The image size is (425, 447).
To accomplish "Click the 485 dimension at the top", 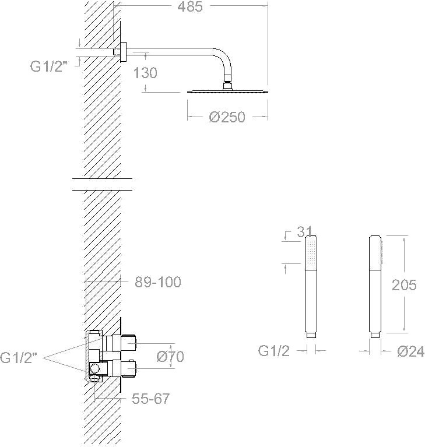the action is pyautogui.click(x=190, y=7).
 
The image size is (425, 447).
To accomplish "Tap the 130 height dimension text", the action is pyautogui.click(x=145, y=73).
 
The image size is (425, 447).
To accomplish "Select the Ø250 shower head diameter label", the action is pyautogui.click(x=227, y=117).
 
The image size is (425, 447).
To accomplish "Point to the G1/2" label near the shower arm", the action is pyautogui.click(x=48, y=66).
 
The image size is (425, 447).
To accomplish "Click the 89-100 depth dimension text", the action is pyautogui.click(x=158, y=282).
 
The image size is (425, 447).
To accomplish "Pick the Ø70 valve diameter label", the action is pyautogui.click(x=170, y=356).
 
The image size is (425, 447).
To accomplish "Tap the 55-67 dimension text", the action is pyautogui.click(x=150, y=398).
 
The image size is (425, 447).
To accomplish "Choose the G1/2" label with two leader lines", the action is pyautogui.click(x=19, y=358).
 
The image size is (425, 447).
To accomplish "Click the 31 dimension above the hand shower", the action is pyautogui.click(x=304, y=232).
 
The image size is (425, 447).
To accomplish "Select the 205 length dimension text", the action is pyautogui.click(x=404, y=285).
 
